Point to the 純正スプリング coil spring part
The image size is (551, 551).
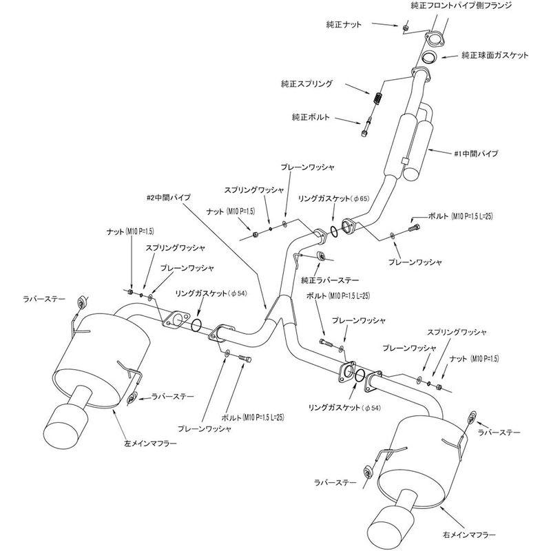tap(378, 98)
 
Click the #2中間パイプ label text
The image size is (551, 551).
tap(169, 197)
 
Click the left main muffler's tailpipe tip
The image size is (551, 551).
tap(63, 426)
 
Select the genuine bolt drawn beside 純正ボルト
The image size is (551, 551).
tap(365, 127)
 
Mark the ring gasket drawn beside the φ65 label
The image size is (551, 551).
tap(333, 230)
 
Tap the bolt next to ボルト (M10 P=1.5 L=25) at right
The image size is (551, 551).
tap(414, 223)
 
